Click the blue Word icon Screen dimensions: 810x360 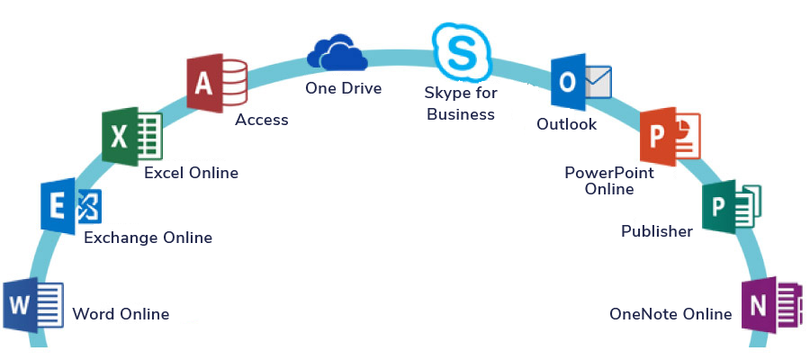[33, 305]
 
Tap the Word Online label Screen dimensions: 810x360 [121, 313]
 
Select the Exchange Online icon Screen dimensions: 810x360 [71, 206]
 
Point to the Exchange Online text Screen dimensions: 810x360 [148, 238]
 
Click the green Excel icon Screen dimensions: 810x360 [132, 137]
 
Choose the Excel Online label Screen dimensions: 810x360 [191, 173]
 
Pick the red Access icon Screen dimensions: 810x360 [217, 83]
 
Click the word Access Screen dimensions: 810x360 [261, 120]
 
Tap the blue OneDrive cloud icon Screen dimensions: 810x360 [337, 52]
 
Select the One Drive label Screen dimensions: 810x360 [344, 88]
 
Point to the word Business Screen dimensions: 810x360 [461, 113]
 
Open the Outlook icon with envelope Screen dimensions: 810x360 [581, 82]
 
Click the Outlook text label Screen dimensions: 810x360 [567, 124]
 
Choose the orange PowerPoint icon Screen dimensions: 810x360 [670, 137]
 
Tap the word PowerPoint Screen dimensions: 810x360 [609, 172]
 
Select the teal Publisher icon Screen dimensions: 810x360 [732, 207]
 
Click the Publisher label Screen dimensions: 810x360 [657, 231]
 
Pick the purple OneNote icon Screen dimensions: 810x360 [772, 305]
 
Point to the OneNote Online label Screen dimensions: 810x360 [670, 313]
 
